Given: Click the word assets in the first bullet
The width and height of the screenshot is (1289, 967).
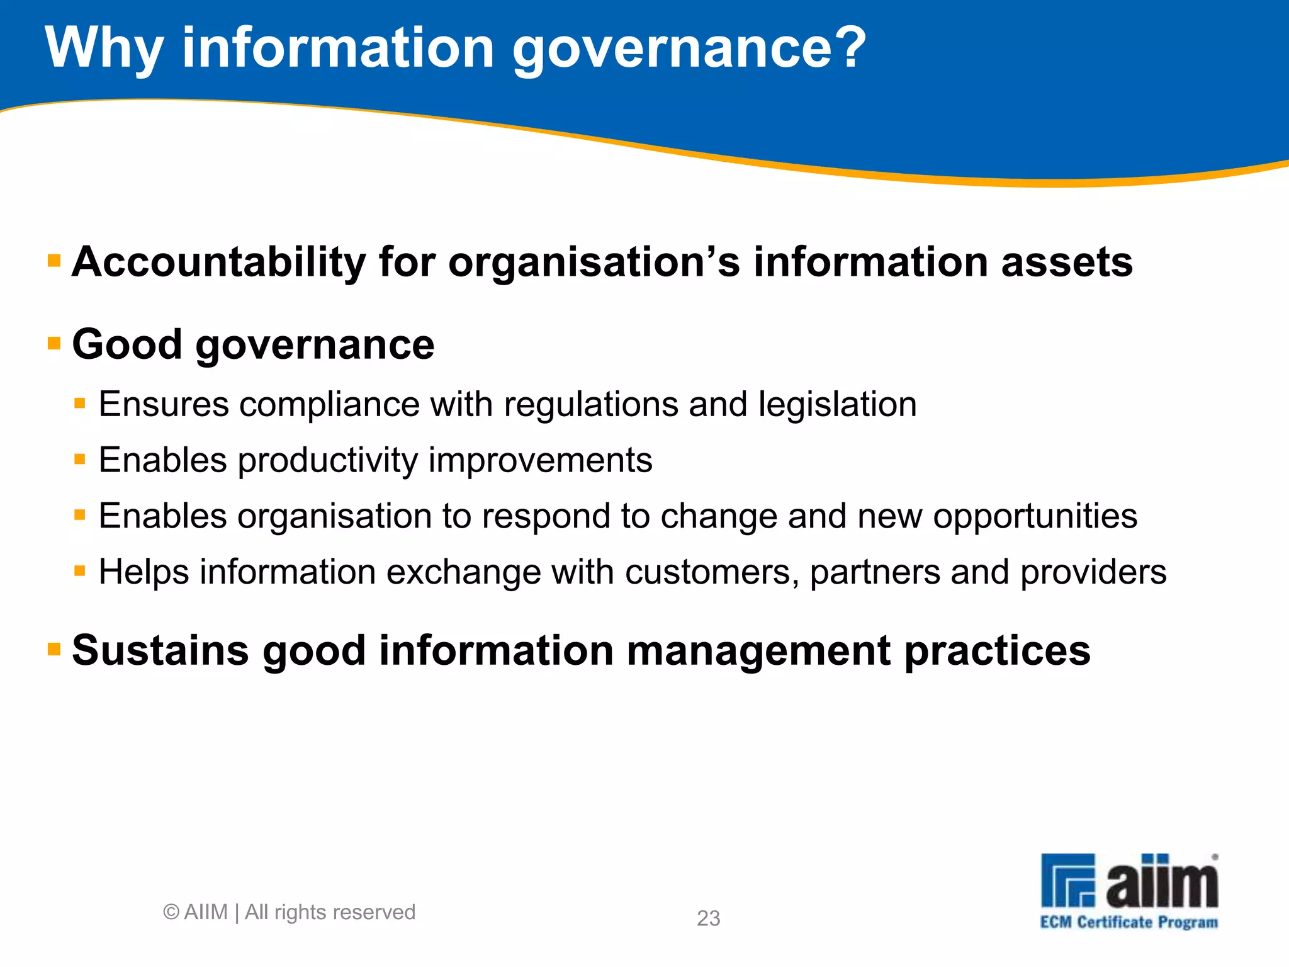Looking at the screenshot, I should (x=1067, y=263).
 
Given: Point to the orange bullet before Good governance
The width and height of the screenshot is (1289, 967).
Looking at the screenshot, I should (x=55, y=344).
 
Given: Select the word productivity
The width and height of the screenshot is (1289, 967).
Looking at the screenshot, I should (x=327, y=461).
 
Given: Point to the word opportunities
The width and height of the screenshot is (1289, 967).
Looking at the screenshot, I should (x=1035, y=517).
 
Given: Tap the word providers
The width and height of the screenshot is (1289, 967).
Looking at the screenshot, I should (x=1093, y=572).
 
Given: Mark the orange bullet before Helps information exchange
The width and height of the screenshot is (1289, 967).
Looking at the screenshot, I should (x=80, y=572).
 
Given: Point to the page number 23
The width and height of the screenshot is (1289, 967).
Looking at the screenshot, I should (x=708, y=919).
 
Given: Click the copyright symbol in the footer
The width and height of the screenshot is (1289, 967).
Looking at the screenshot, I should (x=171, y=912).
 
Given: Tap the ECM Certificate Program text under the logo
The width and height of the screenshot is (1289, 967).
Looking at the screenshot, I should (x=1129, y=923).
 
